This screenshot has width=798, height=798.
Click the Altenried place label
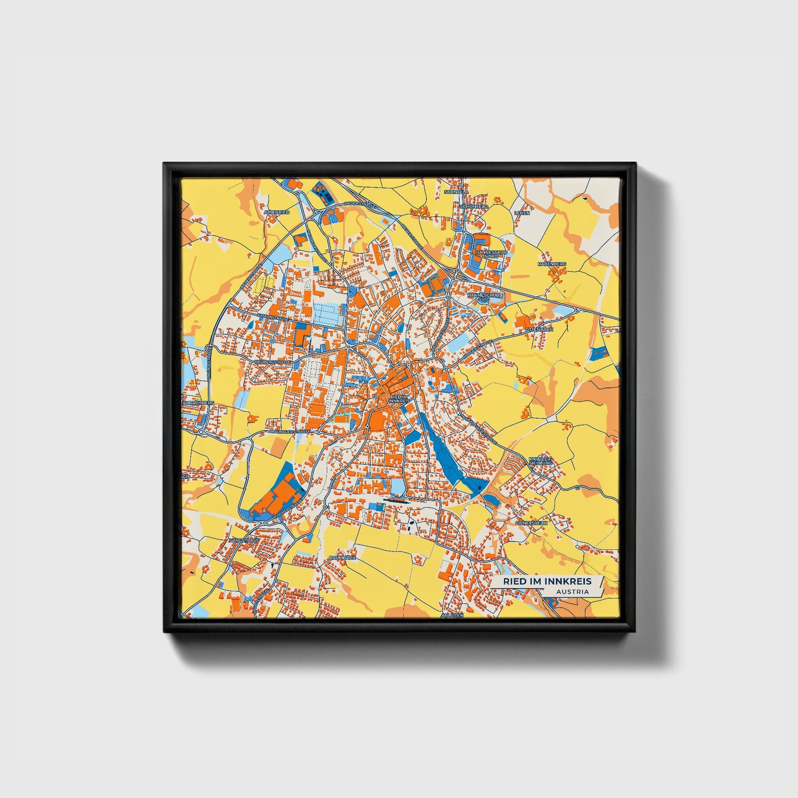[277, 212]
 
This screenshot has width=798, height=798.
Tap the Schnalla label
[456, 192]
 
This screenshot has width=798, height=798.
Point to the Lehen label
[522, 213]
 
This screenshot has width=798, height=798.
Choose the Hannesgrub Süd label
[484, 297]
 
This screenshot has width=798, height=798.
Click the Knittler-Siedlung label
[540, 461]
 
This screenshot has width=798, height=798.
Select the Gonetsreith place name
[531, 522]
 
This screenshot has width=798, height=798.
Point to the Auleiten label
[452, 615]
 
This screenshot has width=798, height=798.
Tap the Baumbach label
[342, 558]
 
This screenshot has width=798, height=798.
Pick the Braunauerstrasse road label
[289, 430]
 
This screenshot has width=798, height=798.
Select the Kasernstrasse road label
[272, 319]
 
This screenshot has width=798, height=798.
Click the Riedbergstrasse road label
[272, 362]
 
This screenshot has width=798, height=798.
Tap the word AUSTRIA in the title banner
[572, 591]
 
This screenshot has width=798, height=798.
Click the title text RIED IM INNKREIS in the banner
[547, 581]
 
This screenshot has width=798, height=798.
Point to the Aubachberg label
[198, 403]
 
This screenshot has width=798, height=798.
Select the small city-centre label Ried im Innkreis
[400, 399]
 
